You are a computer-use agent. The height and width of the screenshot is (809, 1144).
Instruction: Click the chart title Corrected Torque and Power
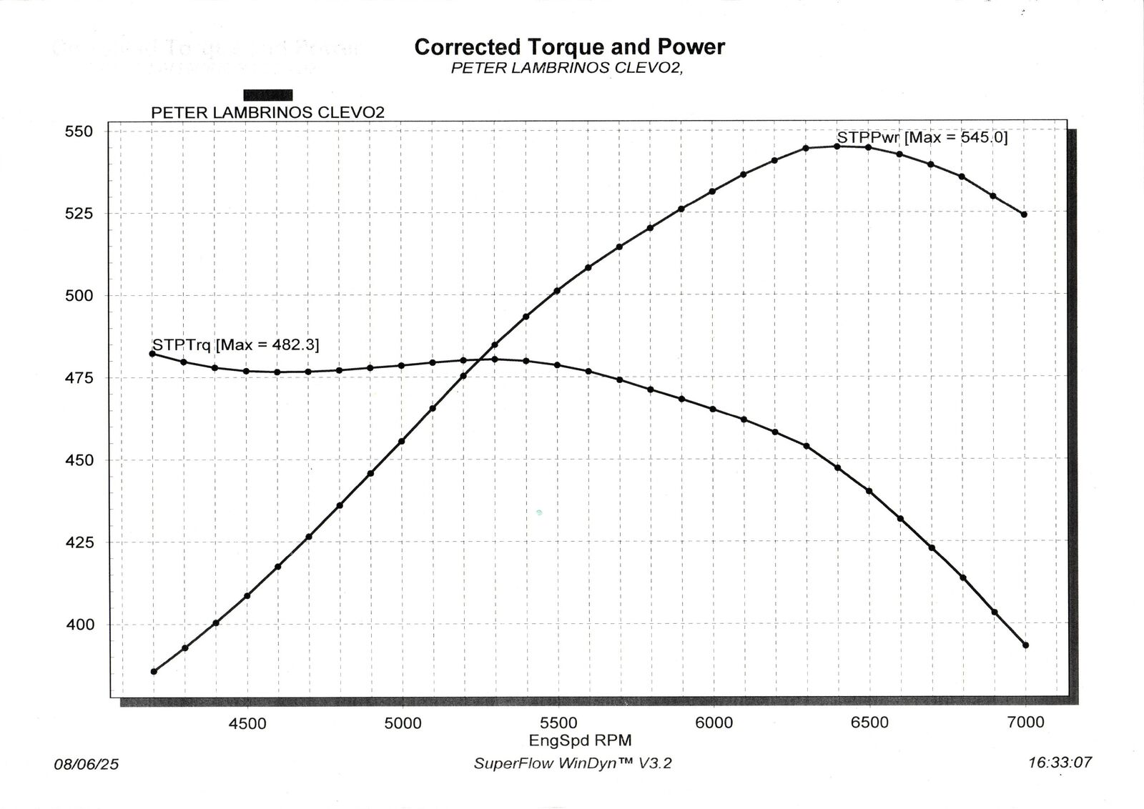pyautogui.click(x=569, y=47)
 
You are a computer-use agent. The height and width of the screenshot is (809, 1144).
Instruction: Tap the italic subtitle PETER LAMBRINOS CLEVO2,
pyautogui.click(x=568, y=69)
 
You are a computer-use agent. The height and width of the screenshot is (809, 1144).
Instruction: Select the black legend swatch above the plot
pyautogui.click(x=268, y=95)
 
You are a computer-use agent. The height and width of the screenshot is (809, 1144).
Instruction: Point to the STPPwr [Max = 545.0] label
pyautogui.click(x=922, y=137)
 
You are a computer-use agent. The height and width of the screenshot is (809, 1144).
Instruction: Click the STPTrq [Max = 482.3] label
pyautogui.click(x=236, y=344)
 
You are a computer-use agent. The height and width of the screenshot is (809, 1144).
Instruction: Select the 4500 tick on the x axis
pyautogui.click(x=247, y=723)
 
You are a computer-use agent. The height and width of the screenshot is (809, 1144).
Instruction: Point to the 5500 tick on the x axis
pyautogui.click(x=558, y=723)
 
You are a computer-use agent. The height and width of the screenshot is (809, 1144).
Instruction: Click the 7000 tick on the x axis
pyautogui.click(x=1025, y=723)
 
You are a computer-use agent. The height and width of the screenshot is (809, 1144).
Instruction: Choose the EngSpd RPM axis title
pyautogui.click(x=580, y=740)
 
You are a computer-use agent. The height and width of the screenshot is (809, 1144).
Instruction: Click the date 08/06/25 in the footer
pyautogui.click(x=87, y=765)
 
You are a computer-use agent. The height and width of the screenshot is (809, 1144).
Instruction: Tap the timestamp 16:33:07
pyautogui.click(x=1060, y=763)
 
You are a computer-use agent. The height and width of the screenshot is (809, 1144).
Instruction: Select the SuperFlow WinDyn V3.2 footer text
pyautogui.click(x=573, y=763)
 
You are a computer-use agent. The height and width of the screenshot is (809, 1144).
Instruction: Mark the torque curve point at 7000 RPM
pyautogui.click(x=1025, y=645)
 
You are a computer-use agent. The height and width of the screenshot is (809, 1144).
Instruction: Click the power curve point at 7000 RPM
pyautogui.click(x=1024, y=214)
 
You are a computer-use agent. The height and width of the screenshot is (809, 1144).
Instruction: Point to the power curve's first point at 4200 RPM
pyautogui.click(x=154, y=672)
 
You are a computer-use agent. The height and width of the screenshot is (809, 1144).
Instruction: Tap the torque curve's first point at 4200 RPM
pyautogui.click(x=152, y=354)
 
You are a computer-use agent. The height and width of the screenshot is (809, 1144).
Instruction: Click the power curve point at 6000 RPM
pyautogui.click(x=713, y=192)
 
